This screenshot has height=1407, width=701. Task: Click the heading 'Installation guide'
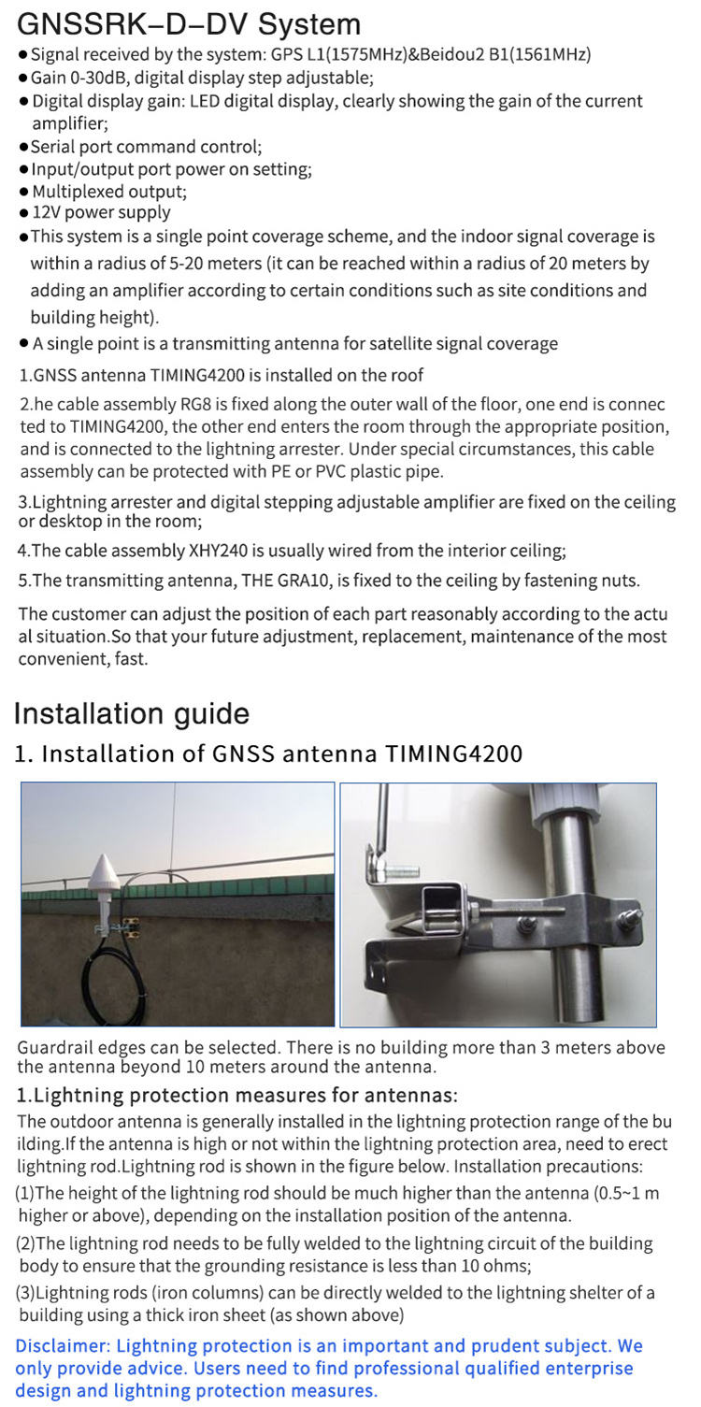[131, 714]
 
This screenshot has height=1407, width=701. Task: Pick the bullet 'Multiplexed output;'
[108, 192]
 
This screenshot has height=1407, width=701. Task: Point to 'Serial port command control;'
[146, 147]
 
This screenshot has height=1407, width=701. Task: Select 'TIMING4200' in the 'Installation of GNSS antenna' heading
[453, 754]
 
